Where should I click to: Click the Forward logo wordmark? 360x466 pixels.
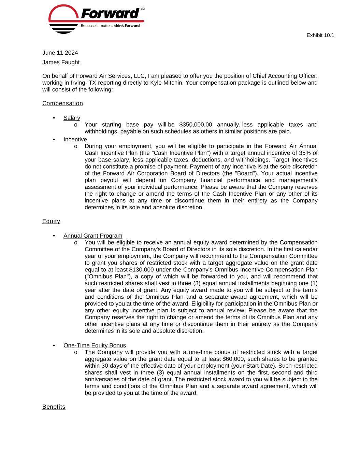pos(110,14)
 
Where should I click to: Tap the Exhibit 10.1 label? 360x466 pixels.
pos(320,35)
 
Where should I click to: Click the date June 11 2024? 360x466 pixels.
pos(60,53)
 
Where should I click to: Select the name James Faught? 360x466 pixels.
pos(61,62)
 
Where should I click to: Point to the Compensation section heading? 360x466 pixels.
pos(62,103)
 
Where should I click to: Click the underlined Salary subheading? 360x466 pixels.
pos(72,118)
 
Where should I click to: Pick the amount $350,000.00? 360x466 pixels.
pos(196,125)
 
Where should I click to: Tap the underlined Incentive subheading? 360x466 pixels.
pos(75,139)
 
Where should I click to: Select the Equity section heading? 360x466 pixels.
pos(51,221)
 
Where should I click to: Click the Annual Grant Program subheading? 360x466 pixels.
pos(93,236)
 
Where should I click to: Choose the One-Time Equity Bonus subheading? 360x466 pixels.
pos(95,345)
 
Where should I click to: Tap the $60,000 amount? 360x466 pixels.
pos(233,359)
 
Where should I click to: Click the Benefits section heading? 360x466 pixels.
pos(54,407)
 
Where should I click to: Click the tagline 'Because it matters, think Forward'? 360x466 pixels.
pos(110,26)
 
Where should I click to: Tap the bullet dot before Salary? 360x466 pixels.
pos(54,118)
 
